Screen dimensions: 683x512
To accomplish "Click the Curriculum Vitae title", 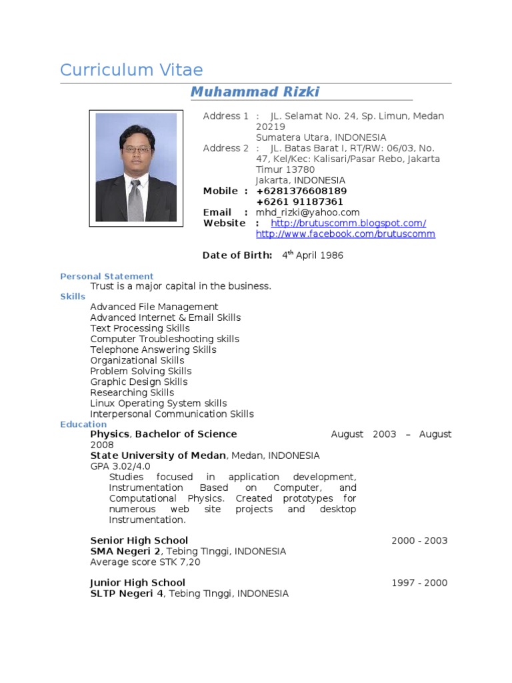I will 131,70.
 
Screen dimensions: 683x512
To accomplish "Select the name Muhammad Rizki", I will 255,92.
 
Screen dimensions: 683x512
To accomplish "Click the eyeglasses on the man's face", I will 136,149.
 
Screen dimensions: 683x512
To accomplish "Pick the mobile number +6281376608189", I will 301,191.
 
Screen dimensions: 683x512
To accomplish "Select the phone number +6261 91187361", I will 299,202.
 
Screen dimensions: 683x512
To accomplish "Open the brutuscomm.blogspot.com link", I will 348,223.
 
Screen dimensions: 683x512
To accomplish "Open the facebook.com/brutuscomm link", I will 345,234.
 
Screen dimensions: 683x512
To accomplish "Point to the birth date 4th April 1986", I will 312,255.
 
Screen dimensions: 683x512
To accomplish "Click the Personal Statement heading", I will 107,276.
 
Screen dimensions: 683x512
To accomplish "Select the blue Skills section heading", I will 73,296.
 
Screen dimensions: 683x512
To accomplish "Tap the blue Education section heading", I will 83,424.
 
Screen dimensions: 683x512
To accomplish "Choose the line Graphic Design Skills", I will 139,382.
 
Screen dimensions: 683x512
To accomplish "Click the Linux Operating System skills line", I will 158,404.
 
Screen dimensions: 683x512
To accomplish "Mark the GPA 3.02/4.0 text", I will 120,466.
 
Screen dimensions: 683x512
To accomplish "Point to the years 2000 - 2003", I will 419,541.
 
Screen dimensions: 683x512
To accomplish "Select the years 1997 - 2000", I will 419,583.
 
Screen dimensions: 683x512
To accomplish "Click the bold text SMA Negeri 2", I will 125,552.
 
